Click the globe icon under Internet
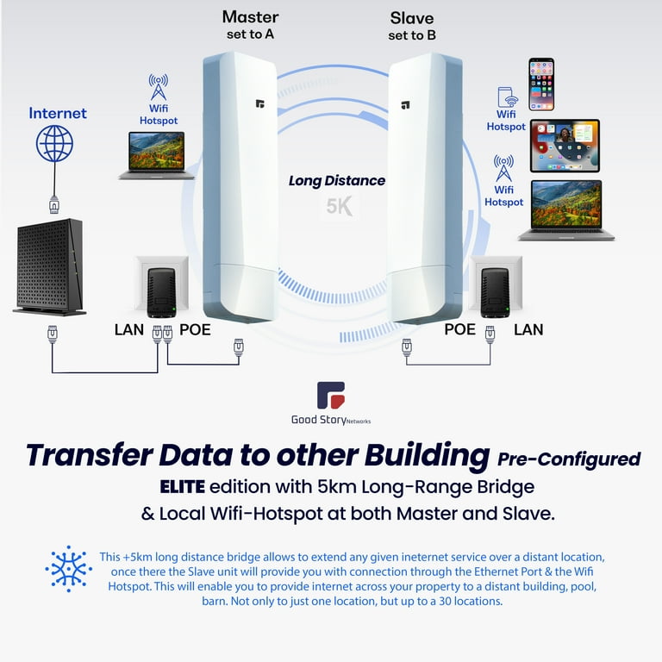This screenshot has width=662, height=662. tap(54, 144)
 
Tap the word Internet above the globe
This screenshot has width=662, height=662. tap(58, 113)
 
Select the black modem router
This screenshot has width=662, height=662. tap(50, 267)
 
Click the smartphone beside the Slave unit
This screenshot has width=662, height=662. tap(541, 84)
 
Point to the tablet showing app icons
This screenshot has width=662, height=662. tap(565, 146)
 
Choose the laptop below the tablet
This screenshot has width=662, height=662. tap(566, 210)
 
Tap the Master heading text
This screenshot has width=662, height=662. tap(250, 17)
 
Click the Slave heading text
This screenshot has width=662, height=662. tap(412, 18)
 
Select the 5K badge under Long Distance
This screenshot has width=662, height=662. tap(339, 207)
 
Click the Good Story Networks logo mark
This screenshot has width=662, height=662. tap(331, 395)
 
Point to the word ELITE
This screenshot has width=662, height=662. tap(183, 487)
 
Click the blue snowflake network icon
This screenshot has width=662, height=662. tap(69, 568)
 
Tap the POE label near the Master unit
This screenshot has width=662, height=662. tap(195, 329)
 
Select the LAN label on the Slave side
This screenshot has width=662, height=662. tap(528, 329)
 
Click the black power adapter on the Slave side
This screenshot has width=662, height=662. tap(495, 293)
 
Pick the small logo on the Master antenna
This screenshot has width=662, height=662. tap(260, 103)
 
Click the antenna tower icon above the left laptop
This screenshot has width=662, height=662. tap(159, 86)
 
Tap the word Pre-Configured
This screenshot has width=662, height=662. tap(569, 459)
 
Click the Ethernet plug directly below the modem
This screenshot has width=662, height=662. tap(53, 334)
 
